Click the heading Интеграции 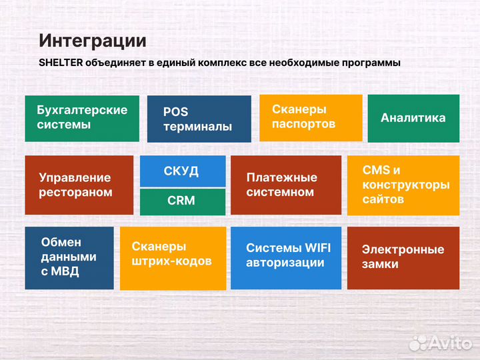coord(92,40)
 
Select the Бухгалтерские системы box coord(82,118)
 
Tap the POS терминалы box coord(199,119)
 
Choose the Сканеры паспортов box coord(310,117)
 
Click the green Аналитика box coord(413,118)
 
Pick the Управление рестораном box coord(79,185)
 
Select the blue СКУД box coord(182,171)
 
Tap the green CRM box coord(182,201)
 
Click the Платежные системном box coord(285,185)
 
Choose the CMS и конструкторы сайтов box coord(403,185)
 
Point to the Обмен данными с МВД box coord(69,257)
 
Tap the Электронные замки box coord(403,257)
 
